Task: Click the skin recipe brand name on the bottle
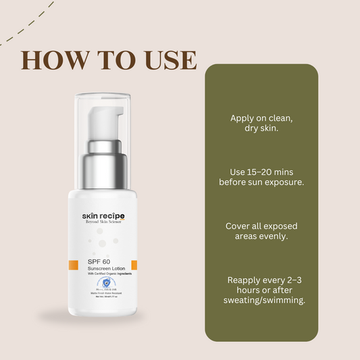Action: [x=103, y=216]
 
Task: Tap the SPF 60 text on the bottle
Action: [x=99, y=261]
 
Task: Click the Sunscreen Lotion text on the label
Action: [x=107, y=269]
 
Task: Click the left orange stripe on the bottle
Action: [x=74, y=265]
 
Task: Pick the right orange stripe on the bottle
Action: [x=134, y=265]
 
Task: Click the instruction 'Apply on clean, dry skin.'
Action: [x=261, y=122]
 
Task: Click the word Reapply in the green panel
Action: [x=247, y=280]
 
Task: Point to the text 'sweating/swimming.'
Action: [x=261, y=300]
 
